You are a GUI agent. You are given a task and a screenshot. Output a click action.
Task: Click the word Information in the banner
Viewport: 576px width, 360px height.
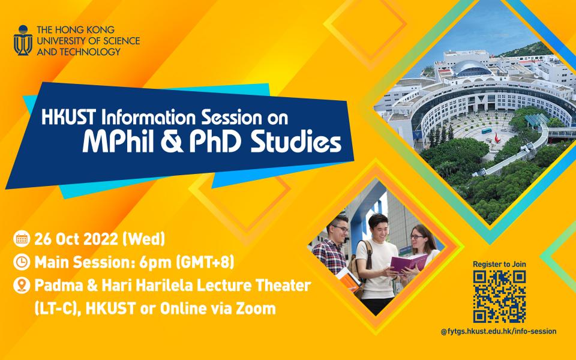142,117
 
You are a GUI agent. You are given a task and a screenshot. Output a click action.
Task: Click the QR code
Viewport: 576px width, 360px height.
499,296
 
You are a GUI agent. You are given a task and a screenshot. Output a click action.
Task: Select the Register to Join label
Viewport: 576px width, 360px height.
499,263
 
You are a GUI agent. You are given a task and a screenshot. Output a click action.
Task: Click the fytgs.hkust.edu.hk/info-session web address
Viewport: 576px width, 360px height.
503,331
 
